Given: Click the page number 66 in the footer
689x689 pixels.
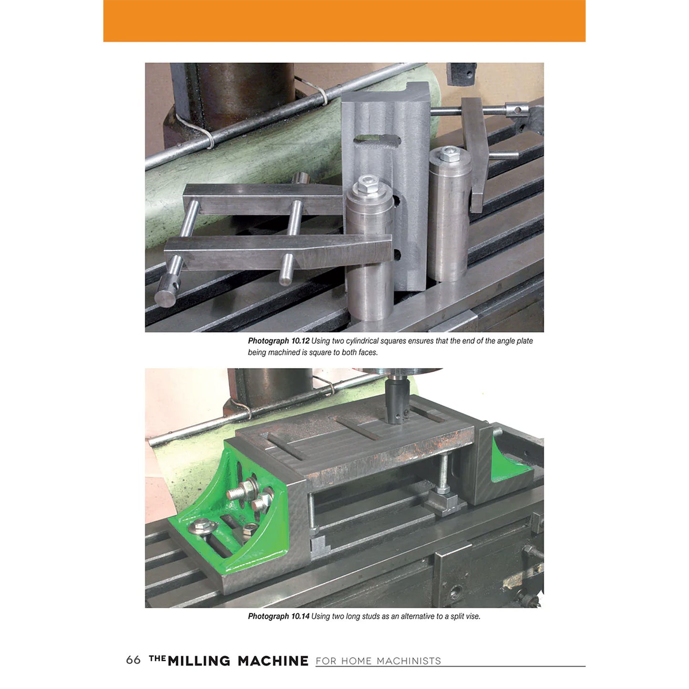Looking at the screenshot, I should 133,660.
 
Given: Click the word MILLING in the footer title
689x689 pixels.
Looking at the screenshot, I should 199,661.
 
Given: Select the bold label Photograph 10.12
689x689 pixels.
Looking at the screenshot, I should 278,341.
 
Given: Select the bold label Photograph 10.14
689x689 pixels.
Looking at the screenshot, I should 278,616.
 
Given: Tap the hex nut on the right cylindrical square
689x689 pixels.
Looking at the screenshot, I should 448,153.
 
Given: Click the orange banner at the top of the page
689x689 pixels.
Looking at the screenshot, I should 344,21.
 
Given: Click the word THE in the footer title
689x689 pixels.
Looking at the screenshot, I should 157,658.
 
